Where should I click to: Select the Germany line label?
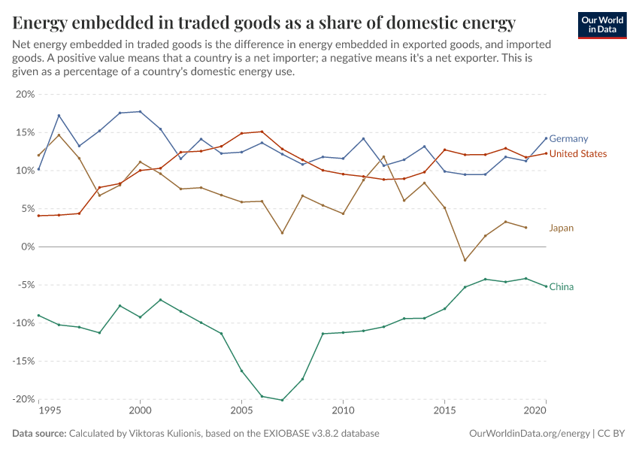pyautogui.click(x=568, y=138)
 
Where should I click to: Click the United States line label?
pyautogui.click(x=578, y=154)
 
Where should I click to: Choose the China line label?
pyautogui.click(x=562, y=286)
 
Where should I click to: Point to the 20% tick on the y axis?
pyautogui.click(x=25, y=94)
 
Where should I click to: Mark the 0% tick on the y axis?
pyautogui.click(x=28, y=247)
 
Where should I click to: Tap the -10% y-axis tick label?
pyautogui.click(x=23, y=323)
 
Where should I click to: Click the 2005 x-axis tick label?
pyautogui.click(x=241, y=412)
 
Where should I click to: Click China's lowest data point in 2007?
pyautogui.click(x=282, y=400)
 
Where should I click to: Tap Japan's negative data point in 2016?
pyautogui.click(x=465, y=260)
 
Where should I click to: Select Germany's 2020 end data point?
pyautogui.click(x=546, y=138)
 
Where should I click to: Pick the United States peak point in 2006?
pyautogui.click(x=262, y=132)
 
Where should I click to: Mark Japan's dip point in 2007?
pyautogui.click(x=282, y=233)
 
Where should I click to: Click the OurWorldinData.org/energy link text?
pyautogui.click(x=529, y=434)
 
